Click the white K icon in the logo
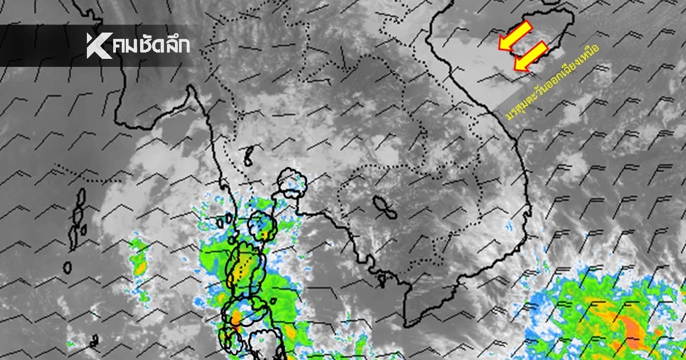click(98, 46)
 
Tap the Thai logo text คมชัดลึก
click(152, 46)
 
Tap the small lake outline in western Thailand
click(249, 155)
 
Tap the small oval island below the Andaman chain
click(67, 267)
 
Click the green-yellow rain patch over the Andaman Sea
click(138, 260)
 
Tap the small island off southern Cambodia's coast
click(381, 279)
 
